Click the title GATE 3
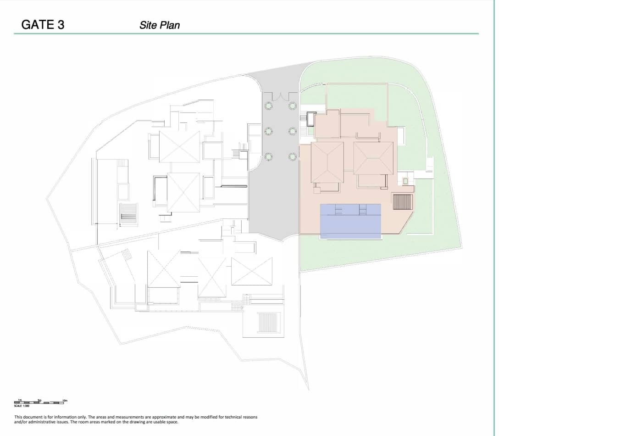click(43, 25)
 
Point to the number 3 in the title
click(60, 25)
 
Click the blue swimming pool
click(350, 221)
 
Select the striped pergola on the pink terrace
click(403, 201)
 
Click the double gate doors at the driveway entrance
click(280, 97)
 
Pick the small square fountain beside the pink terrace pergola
click(405, 181)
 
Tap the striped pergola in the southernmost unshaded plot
click(268, 322)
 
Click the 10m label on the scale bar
click(65, 400)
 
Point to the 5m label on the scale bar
click(39, 400)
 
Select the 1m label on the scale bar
click(20, 400)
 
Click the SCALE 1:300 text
click(22, 406)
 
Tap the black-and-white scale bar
click(39, 403)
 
